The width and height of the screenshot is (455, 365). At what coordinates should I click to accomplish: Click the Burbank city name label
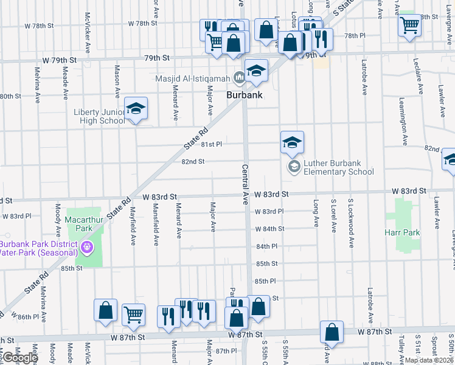coord(245,96)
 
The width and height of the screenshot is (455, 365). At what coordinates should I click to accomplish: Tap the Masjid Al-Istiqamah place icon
coord(239,77)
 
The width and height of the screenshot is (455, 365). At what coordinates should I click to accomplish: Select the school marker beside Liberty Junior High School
coord(136,109)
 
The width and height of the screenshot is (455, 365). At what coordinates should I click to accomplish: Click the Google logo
coord(20,357)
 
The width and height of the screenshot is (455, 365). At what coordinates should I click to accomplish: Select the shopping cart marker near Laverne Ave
coord(410,26)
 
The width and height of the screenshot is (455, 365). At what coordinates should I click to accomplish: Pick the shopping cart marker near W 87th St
coord(133,315)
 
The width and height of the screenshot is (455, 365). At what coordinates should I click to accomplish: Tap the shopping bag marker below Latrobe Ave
coord(332,332)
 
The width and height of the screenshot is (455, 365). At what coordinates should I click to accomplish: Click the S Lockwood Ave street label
coord(351,214)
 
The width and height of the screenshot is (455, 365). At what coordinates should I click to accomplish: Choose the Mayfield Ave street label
coord(133,226)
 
